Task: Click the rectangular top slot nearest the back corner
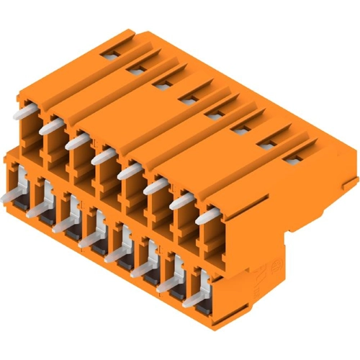[109, 54]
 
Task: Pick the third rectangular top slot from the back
[160, 84]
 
